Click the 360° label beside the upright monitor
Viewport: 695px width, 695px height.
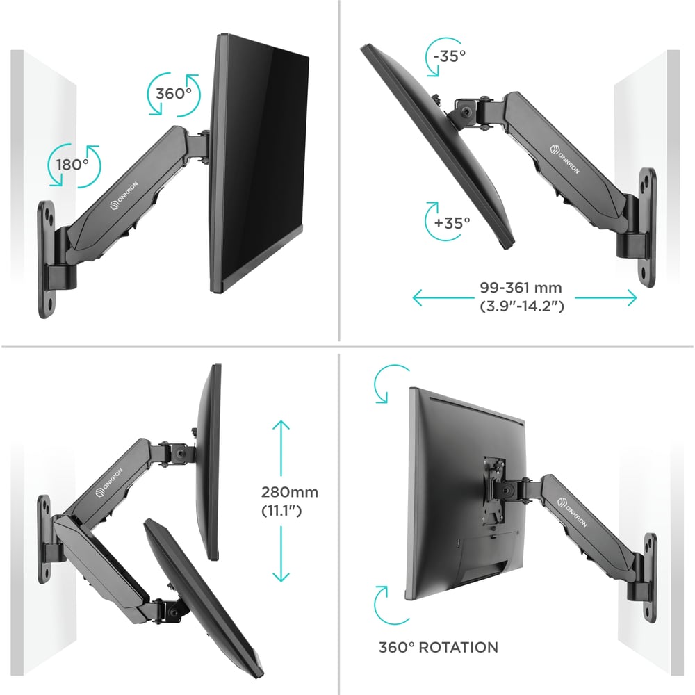click(174, 94)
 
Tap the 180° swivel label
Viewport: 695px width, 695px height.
click(73, 165)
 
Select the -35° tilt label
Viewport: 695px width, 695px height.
click(449, 56)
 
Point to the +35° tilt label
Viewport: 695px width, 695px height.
click(452, 222)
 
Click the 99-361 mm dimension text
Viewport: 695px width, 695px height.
click(521, 288)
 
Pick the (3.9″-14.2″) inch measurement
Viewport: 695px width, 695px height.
click(522, 306)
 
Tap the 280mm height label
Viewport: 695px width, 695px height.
click(289, 492)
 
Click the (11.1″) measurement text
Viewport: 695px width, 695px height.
click(281, 511)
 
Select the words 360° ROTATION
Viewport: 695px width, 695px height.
click(439, 647)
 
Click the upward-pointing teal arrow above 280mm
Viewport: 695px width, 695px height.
click(281, 448)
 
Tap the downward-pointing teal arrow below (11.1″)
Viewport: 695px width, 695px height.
click(281, 554)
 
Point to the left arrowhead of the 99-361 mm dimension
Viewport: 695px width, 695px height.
click(419, 297)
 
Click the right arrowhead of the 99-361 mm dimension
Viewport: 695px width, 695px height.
click(631, 297)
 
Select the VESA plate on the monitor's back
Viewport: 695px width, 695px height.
click(493, 490)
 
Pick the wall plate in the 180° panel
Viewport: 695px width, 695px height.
click(47, 259)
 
